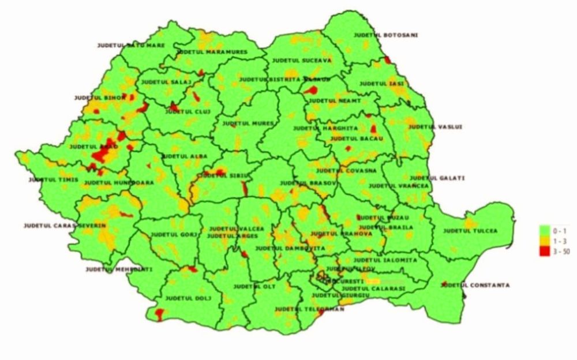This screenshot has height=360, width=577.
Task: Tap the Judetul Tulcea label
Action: click(470, 231)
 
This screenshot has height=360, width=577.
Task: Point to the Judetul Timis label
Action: click(50, 180)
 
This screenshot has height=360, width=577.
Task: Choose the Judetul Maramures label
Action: click(212, 52)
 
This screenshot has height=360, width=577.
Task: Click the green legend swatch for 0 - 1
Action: click(544, 230)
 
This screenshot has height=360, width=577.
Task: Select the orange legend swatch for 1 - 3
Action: click(544, 240)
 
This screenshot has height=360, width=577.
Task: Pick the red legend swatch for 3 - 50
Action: click(544, 251)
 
